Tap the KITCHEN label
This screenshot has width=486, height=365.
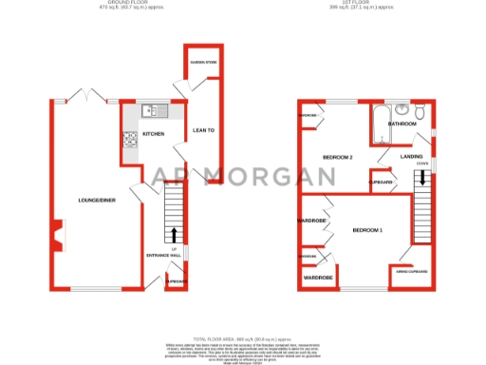153,134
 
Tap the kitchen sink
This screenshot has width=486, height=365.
149,112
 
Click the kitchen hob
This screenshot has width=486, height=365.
127,140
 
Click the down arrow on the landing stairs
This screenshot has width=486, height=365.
421,177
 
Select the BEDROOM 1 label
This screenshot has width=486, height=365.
368,230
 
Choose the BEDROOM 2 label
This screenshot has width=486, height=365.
338,157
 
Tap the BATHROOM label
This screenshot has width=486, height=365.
402,124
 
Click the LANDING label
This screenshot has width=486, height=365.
411,156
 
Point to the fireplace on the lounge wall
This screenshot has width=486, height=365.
58,233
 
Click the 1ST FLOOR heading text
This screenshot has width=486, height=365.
365,4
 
